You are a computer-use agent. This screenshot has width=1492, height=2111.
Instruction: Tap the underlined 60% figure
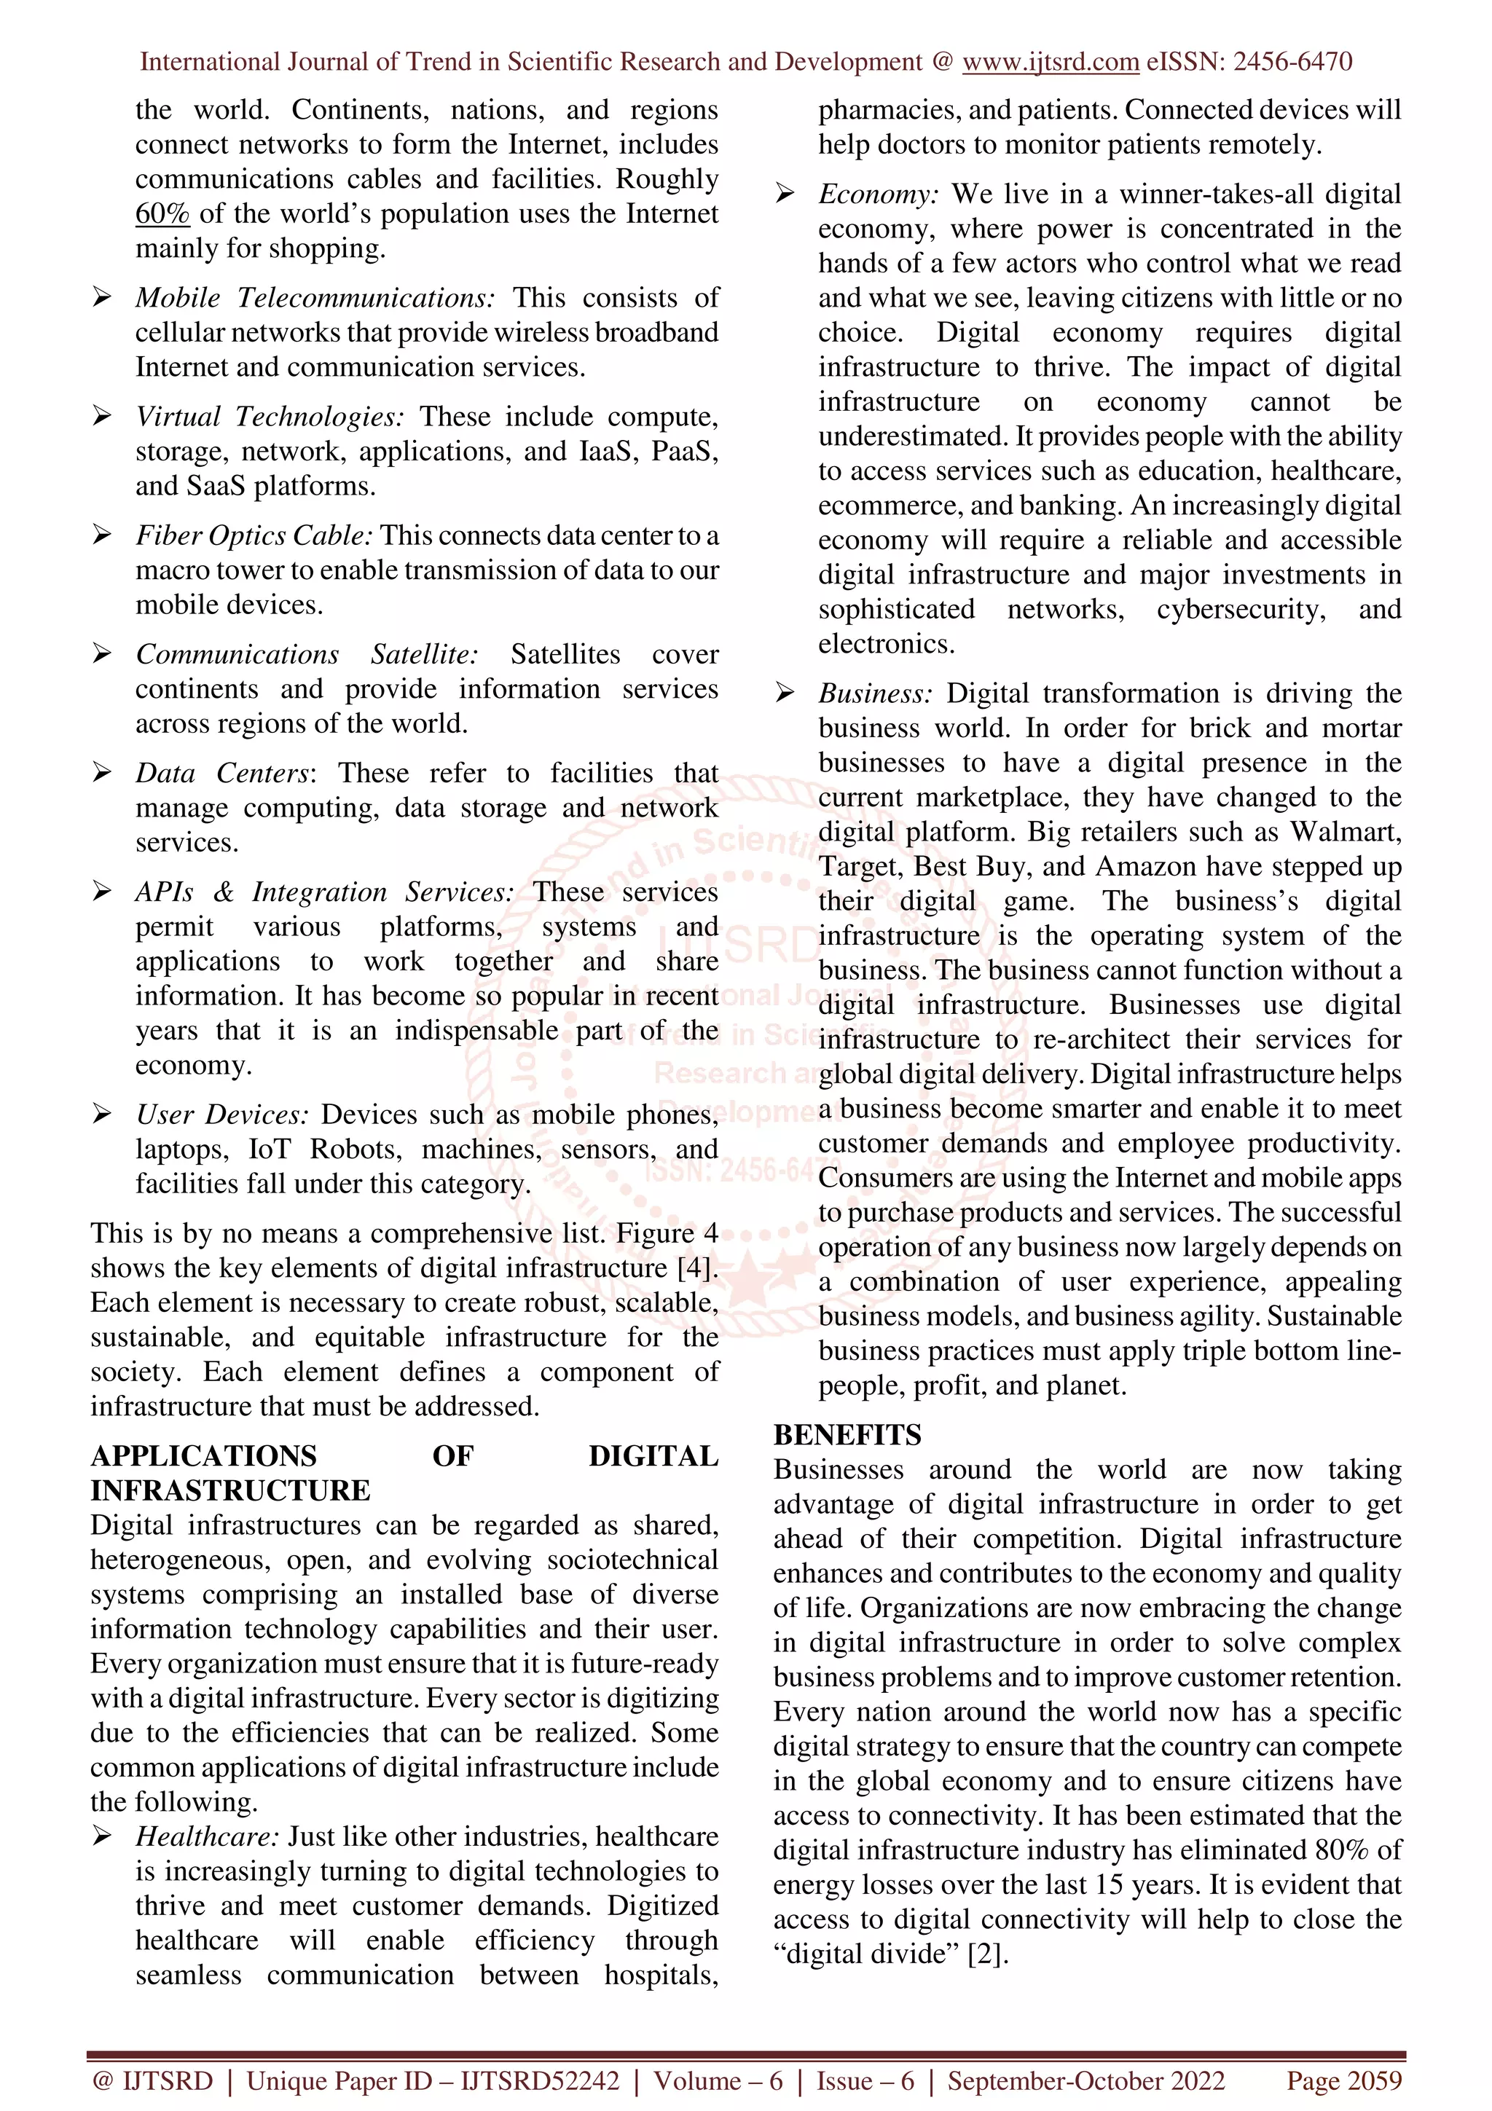click(162, 213)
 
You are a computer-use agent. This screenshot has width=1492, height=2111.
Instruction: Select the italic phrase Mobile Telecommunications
click(315, 298)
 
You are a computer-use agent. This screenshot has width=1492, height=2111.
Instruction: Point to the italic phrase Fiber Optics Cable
click(254, 535)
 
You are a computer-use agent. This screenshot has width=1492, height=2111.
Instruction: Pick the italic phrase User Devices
click(221, 1115)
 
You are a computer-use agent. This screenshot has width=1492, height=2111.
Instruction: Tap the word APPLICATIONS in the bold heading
click(203, 1456)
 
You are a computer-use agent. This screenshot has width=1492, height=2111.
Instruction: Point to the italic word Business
click(875, 693)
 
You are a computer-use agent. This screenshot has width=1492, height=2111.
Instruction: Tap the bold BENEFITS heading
click(847, 1435)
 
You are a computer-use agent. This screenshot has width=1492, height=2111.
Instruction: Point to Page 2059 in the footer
click(1344, 2080)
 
